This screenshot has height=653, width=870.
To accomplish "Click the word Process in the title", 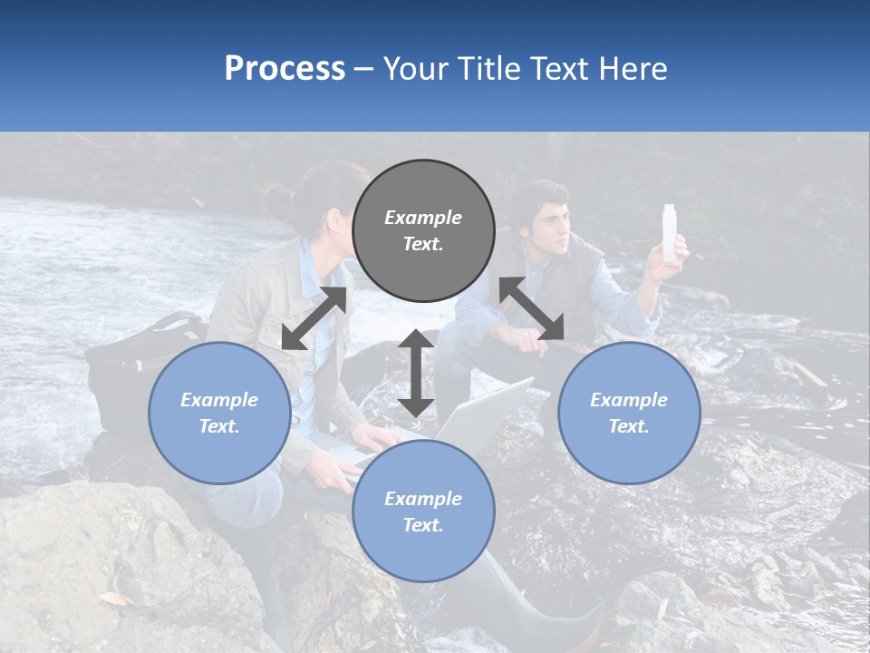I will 285,69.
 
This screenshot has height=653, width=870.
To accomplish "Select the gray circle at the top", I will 423,230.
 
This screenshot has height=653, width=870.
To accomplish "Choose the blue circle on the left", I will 219,413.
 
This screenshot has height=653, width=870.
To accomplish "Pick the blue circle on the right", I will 629,413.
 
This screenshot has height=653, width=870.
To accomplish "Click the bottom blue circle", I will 423,512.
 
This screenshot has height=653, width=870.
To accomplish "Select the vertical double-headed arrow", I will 416,373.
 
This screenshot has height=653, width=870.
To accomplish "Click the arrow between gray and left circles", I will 314,317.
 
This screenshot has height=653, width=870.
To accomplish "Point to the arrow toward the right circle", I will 532,309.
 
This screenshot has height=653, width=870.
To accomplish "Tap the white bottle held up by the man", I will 671,233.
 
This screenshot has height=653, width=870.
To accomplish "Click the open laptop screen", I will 485,413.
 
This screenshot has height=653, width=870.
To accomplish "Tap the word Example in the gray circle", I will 423,218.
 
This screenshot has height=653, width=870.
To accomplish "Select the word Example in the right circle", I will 629,400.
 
